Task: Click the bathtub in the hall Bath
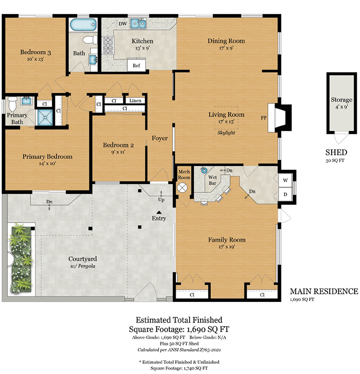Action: pos(83,25)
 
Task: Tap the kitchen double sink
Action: pos(139,23)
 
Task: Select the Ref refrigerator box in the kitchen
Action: pos(136,65)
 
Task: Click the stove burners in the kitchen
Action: pos(108,45)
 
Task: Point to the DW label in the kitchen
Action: pos(123,24)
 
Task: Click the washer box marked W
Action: pos(285,180)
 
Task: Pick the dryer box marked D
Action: pos(285,194)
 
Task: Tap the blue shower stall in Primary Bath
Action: pos(45,117)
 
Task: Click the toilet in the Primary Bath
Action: pos(12,104)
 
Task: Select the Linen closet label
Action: pos(135,100)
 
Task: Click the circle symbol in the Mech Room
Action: pos(182,187)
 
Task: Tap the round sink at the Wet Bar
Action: pos(204,170)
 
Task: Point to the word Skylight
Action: pos(226,132)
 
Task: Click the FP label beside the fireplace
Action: pos(264,118)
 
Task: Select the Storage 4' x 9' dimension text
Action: pos(342,107)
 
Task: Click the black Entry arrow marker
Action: pos(159,212)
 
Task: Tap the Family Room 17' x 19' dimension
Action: pos(227,246)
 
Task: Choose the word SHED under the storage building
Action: pos(336,152)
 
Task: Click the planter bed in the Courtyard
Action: pos(21,258)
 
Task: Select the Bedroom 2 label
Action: pos(118,145)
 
